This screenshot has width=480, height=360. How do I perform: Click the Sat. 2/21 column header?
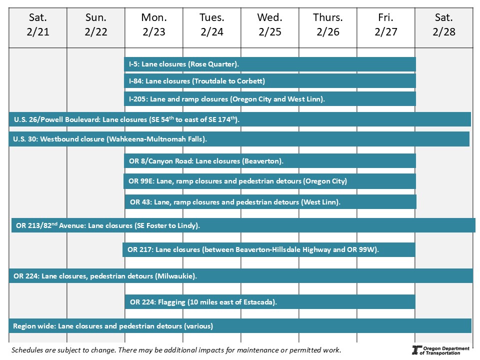point(38,25)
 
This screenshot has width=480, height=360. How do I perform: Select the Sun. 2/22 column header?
point(96,25)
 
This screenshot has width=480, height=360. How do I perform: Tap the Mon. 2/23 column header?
point(154,25)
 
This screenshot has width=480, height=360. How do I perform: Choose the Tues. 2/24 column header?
point(212,25)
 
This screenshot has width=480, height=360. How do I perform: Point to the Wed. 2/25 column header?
point(270,25)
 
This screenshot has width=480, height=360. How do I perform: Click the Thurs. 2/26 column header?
point(328,25)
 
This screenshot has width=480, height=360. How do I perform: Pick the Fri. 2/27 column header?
point(386,25)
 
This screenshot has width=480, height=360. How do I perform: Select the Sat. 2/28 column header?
point(444,25)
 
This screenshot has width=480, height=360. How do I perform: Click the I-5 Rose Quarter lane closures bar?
point(270,64)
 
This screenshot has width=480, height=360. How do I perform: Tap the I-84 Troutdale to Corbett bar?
point(270,81)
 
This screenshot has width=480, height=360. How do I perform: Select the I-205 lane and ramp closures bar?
point(270,99)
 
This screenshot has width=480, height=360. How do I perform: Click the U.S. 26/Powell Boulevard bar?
point(240,119)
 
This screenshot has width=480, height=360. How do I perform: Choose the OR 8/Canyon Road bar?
point(270,161)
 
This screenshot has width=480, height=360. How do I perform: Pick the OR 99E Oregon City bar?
point(270,181)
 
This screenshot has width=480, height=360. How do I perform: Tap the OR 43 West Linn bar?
point(270,202)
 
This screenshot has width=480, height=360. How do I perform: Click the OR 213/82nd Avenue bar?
point(243,225)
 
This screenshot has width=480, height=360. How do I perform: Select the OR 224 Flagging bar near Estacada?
point(270,302)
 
